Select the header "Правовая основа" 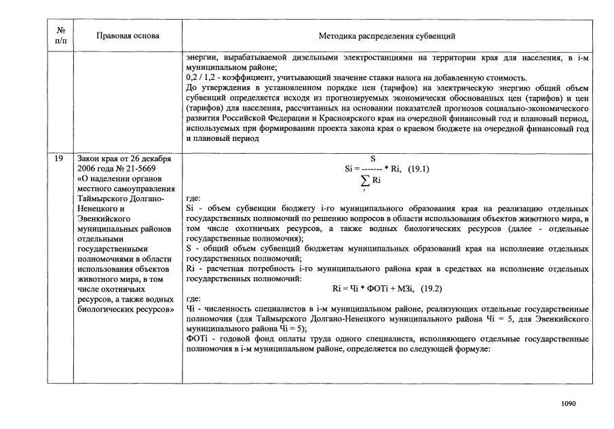[128, 35]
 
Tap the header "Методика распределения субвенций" [387, 35]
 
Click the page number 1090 [569, 404]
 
